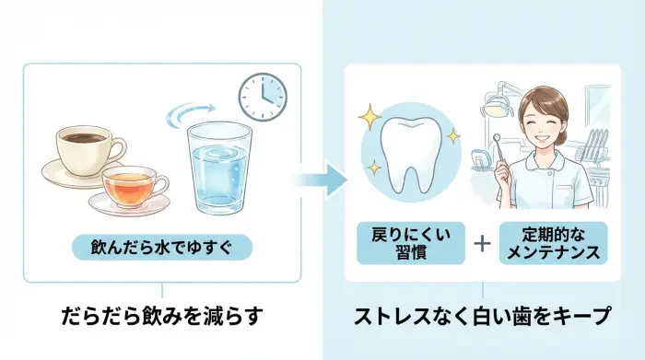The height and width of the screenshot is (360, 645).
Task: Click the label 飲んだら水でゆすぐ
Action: point(161,247)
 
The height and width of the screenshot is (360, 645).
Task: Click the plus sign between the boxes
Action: point(483,243)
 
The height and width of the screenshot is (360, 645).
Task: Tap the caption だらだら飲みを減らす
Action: point(161,317)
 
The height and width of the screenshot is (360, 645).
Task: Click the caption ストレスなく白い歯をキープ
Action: point(482,317)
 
